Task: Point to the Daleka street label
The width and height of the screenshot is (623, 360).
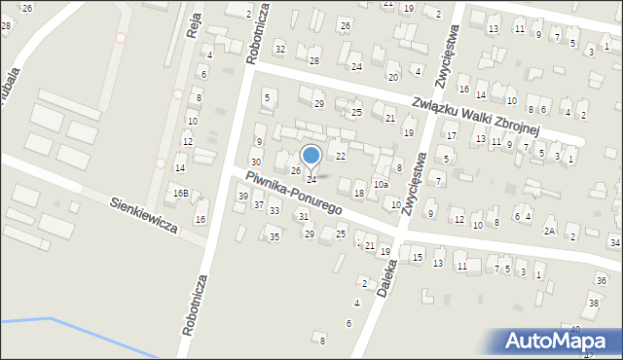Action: point(387,274)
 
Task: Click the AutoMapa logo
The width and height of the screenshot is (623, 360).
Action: point(559,341)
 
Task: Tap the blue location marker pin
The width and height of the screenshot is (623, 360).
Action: point(311,157)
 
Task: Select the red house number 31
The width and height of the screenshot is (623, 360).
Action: point(305,216)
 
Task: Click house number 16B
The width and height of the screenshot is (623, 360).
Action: point(181,194)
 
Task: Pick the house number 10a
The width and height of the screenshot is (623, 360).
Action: point(382,184)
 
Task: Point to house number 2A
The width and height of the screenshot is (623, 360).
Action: point(550,231)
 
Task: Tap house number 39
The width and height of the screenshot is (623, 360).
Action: point(243,197)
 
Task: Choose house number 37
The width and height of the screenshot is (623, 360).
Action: point(259,204)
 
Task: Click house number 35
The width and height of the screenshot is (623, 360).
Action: point(275,236)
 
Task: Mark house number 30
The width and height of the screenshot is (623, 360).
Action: point(255,162)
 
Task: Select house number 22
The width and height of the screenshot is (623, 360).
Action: point(341,156)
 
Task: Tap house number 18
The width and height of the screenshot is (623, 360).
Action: point(358,194)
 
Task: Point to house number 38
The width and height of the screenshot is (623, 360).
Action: point(592,304)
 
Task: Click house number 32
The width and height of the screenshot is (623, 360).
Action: point(280,49)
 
